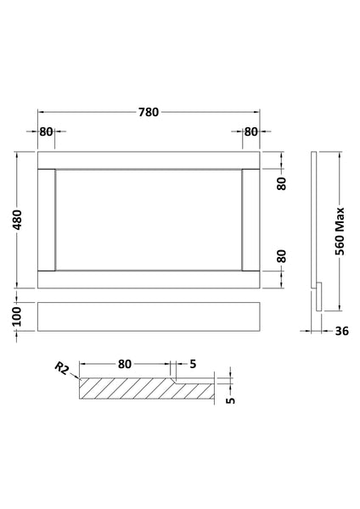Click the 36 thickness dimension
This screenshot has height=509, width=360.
343,332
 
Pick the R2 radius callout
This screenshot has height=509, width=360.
60,368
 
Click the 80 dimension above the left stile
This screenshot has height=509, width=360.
46,131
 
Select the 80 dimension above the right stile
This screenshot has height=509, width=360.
250,131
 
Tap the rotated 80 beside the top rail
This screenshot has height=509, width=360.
281,183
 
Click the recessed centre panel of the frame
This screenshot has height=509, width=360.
149,220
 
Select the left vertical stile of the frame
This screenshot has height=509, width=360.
46,220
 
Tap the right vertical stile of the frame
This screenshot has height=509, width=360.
252,220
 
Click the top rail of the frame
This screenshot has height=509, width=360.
149,159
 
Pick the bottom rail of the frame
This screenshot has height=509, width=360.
149,279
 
